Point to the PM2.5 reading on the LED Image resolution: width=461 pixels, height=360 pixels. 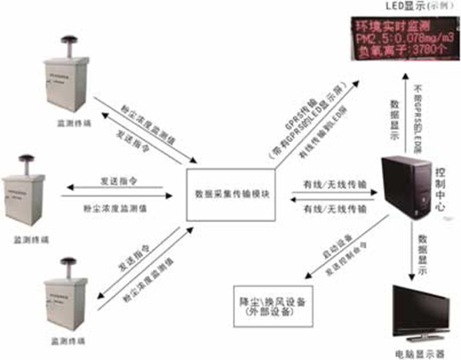[x=400, y=36]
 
